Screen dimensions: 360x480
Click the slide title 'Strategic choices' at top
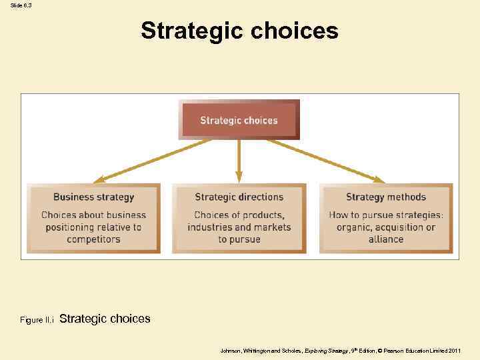[x=239, y=31]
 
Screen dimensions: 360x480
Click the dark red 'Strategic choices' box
[x=239, y=121]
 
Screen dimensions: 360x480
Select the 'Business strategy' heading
[x=93, y=197]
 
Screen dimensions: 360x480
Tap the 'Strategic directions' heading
[x=239, y=197]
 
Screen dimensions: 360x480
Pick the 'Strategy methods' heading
[x=385, y=197]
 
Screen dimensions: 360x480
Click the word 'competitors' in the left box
[x=93, y=239]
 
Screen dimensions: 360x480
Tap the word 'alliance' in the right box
[x=385, y=239]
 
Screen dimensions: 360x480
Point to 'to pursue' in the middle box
[x=239, y=239]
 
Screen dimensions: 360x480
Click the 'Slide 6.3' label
[x=21, y=5]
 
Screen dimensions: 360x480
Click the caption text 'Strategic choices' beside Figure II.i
[x=105, y=319]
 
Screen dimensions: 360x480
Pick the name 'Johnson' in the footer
[x=233, y=350]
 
